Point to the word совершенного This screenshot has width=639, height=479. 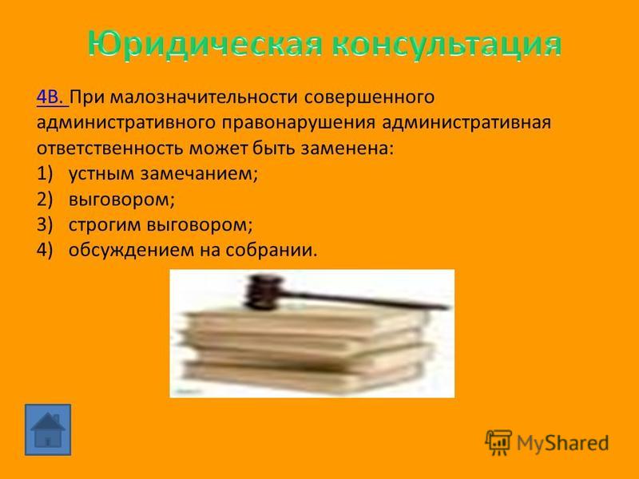pyautogui.click(x=369, y=98)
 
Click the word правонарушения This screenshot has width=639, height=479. pyautogui.click(x=298, y=123)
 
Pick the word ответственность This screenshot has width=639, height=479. pyautogui.click(x=109, y=148)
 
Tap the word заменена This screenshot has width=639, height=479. pyautogui.click(x=347, y=148)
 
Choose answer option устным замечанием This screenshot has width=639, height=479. pyautogui.click(x=163, y=174)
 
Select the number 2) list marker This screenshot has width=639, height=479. pyautogui.click(x=45, y=200)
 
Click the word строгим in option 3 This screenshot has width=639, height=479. pyautogui.click(x=105, y=225)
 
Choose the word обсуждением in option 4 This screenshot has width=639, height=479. pyautogui.click(x=130, y=250)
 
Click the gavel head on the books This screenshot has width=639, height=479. pyautogui.click(x=264, y=291)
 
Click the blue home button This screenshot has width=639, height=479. pyautogui.click(x=48, y=430)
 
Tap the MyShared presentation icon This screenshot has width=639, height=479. pyautogui.click(x=498, y=442)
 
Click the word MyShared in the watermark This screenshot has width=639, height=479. pyautogui.click(x=563, y=443)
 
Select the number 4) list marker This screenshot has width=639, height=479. pyautogui.click(x=45, y=250)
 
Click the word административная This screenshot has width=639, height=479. pyautogui.click(x=466, y=123)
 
